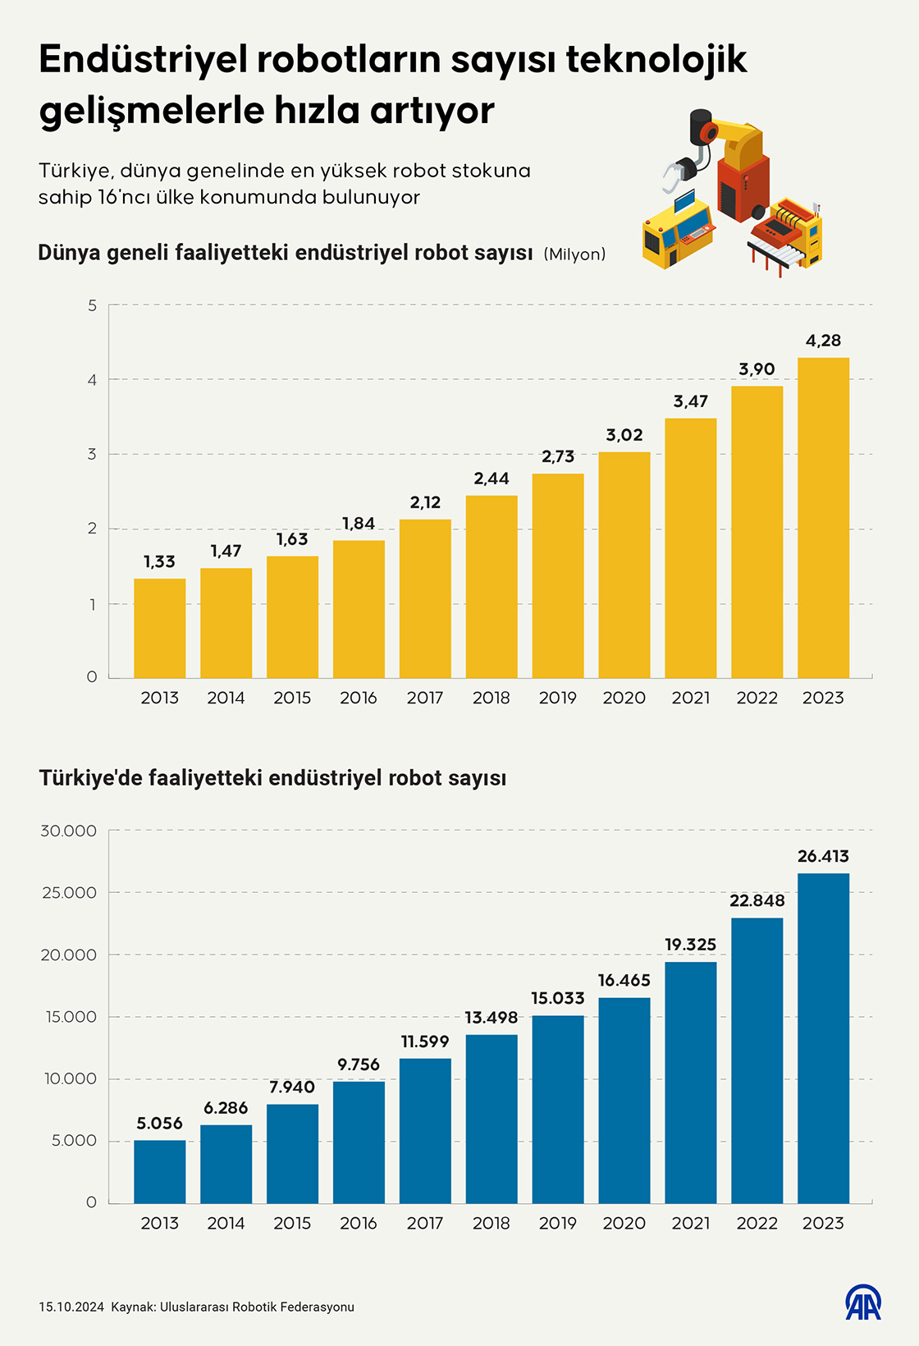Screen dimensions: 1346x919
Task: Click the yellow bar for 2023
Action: (823, 517)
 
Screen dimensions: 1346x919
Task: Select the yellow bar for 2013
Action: (160, 628)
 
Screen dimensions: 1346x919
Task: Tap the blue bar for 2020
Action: (624, 1100)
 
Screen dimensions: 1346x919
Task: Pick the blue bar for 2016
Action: (359, 1142)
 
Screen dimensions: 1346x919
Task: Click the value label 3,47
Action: (691, 401)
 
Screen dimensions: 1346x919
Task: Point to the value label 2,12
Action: (425, 502)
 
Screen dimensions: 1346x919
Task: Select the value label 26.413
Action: (823, 856)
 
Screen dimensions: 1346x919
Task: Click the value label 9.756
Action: (359, 1064)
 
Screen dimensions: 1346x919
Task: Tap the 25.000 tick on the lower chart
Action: (69, 893)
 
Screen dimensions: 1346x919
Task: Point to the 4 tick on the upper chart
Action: (92, 380)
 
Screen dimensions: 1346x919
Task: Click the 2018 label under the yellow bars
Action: (492, 698)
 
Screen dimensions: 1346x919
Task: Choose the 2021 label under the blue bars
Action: (691, 1223)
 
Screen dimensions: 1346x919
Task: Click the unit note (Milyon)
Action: (574, 254)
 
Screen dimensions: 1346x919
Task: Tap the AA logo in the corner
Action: (863, 1303)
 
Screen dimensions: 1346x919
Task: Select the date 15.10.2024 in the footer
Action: (71, 1307)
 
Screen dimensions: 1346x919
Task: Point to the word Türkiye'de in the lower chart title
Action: (90, 777)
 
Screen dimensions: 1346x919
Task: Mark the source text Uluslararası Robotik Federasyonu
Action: (257, 1307)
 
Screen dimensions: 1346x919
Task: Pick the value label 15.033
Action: (558, 998)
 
